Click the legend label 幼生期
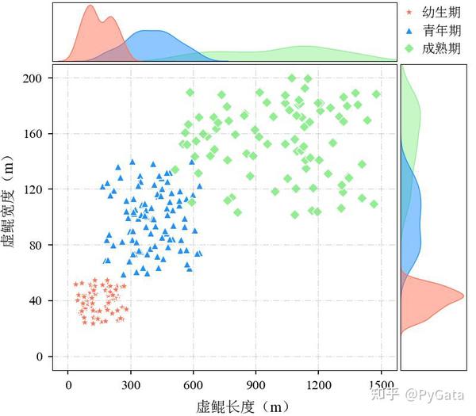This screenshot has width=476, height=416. coord(442,13)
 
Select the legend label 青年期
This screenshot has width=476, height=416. coord(442,31)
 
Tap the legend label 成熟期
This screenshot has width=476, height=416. coord(442,49)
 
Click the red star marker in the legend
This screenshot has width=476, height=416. coord(409,13)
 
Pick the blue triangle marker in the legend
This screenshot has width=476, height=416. coord(409,31)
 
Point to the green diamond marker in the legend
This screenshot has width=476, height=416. coord(409,49)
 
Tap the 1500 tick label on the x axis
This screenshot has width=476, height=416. coord(382,386)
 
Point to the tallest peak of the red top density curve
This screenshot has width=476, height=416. coord(89,7)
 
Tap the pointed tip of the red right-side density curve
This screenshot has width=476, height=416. coord(463,296)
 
